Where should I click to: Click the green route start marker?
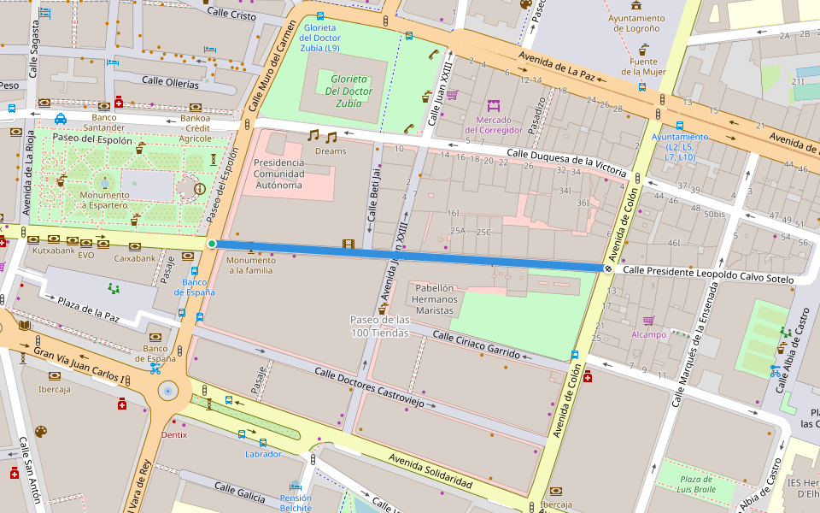point(212,244)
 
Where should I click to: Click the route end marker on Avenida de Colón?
point(608,268)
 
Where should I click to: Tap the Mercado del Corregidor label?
point(493,125)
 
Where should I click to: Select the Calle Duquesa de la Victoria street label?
point(566,160)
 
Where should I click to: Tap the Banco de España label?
point(195,286)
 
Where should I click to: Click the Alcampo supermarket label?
point(648,334)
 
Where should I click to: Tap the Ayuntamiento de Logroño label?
point(635,23)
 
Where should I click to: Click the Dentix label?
point(173,434)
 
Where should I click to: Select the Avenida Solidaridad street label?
point(430,471)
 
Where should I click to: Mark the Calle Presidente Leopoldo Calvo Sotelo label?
point(708,274)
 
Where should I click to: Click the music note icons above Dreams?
point(322,136)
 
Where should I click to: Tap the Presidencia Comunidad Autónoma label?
point(278,174)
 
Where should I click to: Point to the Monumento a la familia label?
point(250,265)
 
